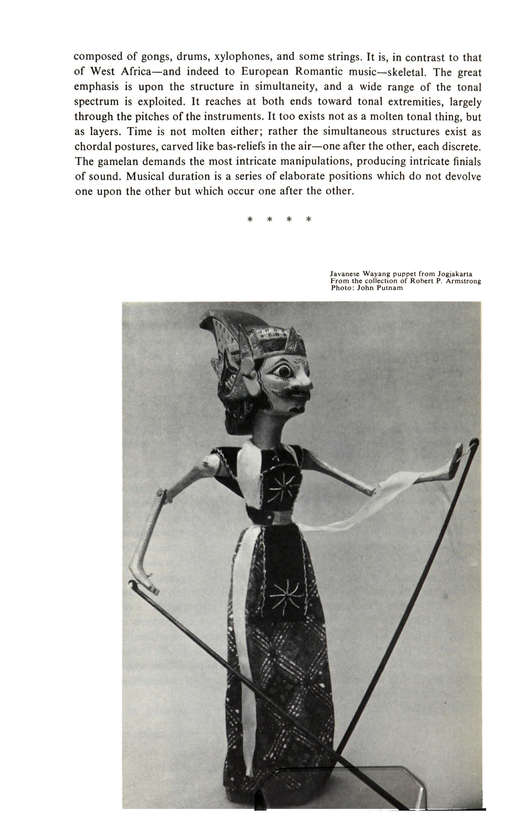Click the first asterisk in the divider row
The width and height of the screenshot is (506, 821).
[250, 220]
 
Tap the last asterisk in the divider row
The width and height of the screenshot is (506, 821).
[309, 220]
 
